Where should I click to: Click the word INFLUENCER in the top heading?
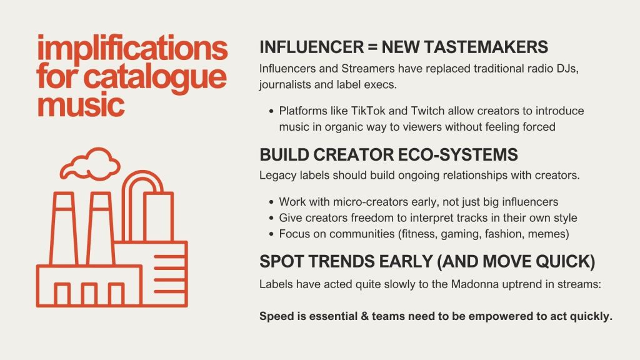[x=311, y=47]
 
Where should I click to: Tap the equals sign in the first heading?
[x=372, y=47]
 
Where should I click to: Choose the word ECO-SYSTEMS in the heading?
[x=457, y=155]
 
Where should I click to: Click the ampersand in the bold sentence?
[x=364, y=316]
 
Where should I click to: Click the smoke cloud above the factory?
[x=90, y=164]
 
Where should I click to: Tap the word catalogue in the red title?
[x=155, y=77]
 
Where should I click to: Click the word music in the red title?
[x=81, y=104]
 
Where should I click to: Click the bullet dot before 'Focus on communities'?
[x=271, y=234]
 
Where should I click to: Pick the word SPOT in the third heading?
[x=282, y=262]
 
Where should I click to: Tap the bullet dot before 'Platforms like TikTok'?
[x=271, y=111]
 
